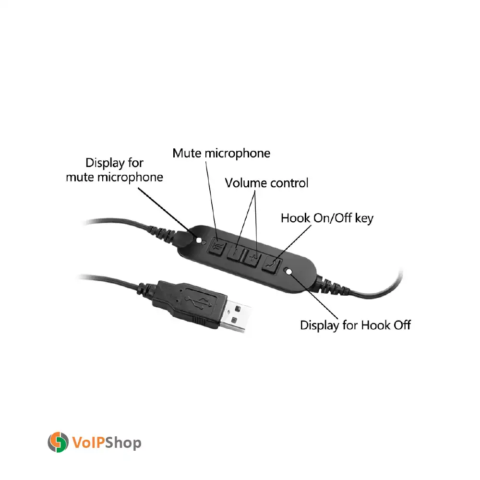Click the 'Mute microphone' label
(221, 154)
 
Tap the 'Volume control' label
(266, 183)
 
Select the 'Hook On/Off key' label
(327, 218)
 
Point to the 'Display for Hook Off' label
(355, 325)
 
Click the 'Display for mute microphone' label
(114, 170)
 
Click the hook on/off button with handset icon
(271, 264)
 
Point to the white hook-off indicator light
(289, 271)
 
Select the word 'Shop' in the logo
(122, 442)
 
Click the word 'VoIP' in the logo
(88, 442)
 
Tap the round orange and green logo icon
(58, 442)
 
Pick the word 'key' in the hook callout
(364, 219)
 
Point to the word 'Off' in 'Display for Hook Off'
(401, 325)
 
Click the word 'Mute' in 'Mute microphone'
(187, 154)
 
